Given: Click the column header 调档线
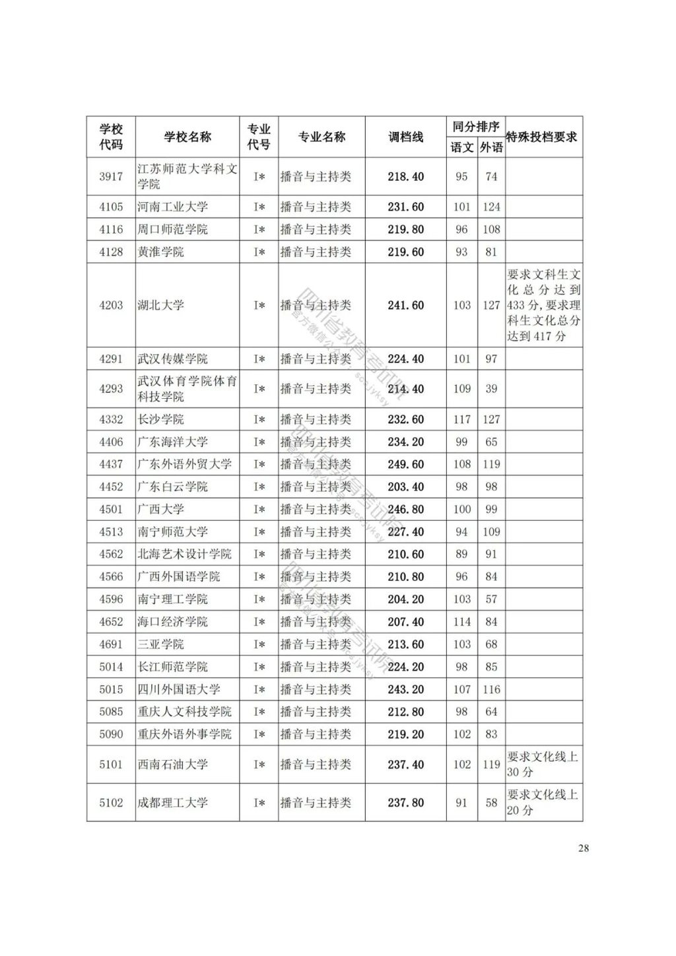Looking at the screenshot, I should (x=405, y=137).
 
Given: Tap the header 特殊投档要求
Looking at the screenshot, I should (x=541, y=137).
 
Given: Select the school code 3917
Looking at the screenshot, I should (x=111, y=176).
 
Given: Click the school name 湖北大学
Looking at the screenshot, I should (x=160, y=305).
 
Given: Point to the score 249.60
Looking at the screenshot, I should (x=405, y=464).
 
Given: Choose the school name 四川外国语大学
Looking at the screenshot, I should (x=178, y=689).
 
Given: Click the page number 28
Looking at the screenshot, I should (x=583, y=848).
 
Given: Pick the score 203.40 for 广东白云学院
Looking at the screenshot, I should (x=405, y=487).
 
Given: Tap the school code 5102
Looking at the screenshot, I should (x=111, y=803).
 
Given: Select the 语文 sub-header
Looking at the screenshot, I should (x=461, y=147).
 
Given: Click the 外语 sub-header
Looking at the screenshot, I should (x=491, y=147).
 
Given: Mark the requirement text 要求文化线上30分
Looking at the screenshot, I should (x=543, y=765).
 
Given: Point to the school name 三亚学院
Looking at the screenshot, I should (x=160, y=644).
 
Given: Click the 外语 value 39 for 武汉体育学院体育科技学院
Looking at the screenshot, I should (x=491, y=389).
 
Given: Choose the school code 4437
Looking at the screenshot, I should (x=111, y=464).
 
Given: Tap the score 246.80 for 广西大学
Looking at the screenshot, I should (x=405, y=509).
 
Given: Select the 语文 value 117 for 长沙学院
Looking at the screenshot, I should (x=461, y=419).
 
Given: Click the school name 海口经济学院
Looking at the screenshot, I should (x=172, y=622).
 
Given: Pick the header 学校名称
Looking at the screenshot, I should (x=187, y=137).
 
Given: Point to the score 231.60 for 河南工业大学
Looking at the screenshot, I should (x=405, y=207).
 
